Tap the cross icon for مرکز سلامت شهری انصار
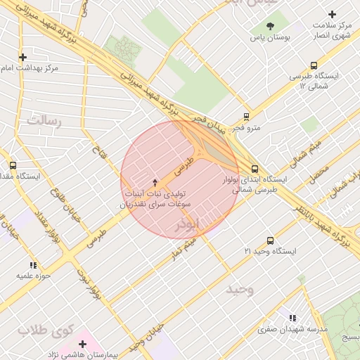(x=333, y=14)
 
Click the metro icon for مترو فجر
(x=246, y=117)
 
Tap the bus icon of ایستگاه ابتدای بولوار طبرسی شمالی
(x=255, y=169)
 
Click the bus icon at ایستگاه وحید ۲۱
(x=270, y=240)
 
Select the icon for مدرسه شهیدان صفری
(x=292, y=318)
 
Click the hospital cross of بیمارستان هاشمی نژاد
(x=83, y=344)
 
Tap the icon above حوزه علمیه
(x=33, y=265)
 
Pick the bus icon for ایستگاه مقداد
(x=13, y=165)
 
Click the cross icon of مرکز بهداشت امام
(x=23, y=57)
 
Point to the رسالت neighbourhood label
(x=44, y=121)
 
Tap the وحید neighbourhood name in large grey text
(x=240, y=289)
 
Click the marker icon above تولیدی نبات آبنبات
(x=155, y=182)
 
